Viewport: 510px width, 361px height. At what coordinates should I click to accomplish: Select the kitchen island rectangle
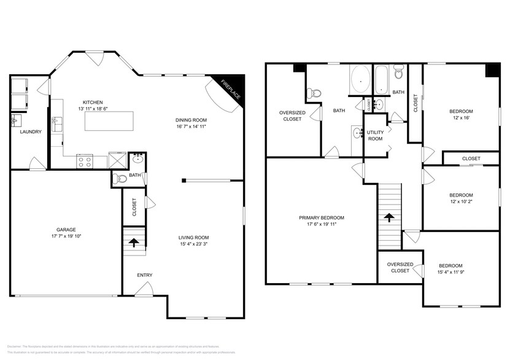[109, 122]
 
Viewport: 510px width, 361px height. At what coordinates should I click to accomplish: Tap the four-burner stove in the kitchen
[84, 161]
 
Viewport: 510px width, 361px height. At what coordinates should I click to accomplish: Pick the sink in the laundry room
[16, 120]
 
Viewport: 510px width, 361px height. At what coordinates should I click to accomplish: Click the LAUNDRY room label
[30, 131]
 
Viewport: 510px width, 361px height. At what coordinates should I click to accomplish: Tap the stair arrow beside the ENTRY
[134, 242]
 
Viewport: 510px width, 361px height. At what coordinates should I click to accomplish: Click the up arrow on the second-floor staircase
[388, 216]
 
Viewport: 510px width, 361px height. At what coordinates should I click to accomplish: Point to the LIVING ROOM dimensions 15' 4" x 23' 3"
[193, 245]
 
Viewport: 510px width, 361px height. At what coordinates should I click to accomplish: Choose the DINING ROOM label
[191, 120]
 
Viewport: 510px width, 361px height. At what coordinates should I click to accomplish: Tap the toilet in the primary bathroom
[314, 93]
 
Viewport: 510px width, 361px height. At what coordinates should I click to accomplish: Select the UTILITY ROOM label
[375, 135]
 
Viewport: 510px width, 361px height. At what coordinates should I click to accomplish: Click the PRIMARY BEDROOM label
[321, 217]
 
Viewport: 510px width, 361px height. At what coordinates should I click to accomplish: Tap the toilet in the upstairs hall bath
[399, 74]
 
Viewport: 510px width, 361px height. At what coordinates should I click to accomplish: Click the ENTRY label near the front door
[145, 274]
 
